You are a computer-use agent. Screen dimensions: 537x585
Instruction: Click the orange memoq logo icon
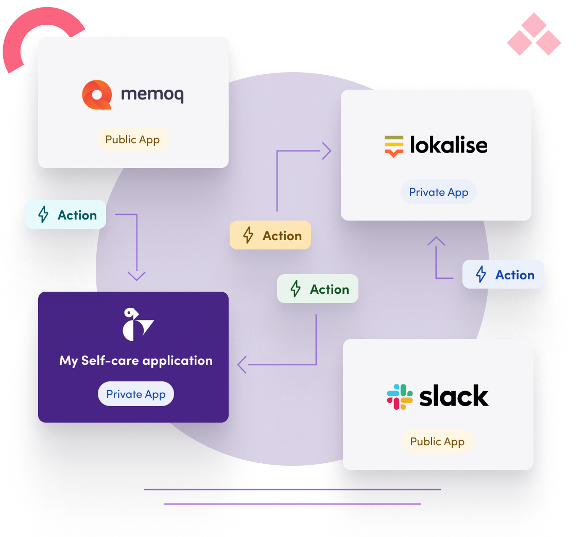97,95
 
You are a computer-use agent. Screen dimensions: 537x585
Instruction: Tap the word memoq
152,95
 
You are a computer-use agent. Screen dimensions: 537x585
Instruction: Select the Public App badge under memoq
132,140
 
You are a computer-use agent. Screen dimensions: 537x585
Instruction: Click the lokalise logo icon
394,146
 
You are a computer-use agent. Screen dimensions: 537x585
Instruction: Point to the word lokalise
448,145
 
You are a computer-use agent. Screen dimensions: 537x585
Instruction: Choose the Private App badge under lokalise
438,192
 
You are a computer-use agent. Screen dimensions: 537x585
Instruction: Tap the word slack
454,396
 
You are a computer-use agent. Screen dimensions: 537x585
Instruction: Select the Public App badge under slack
437,442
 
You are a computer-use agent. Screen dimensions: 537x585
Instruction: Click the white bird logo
137,325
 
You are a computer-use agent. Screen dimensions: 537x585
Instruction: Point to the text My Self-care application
136,360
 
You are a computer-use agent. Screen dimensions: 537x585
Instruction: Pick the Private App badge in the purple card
136,394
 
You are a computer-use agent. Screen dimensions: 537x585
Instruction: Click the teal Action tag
65,215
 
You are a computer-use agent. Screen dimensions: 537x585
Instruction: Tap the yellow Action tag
270,236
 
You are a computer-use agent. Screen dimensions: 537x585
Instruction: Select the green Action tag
318,289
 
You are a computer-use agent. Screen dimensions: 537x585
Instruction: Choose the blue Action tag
503,275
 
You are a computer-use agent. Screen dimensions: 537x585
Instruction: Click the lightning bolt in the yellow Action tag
248,236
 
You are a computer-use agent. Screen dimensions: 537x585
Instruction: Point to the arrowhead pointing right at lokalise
326,152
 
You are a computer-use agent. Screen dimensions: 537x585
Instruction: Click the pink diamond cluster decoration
534,35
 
